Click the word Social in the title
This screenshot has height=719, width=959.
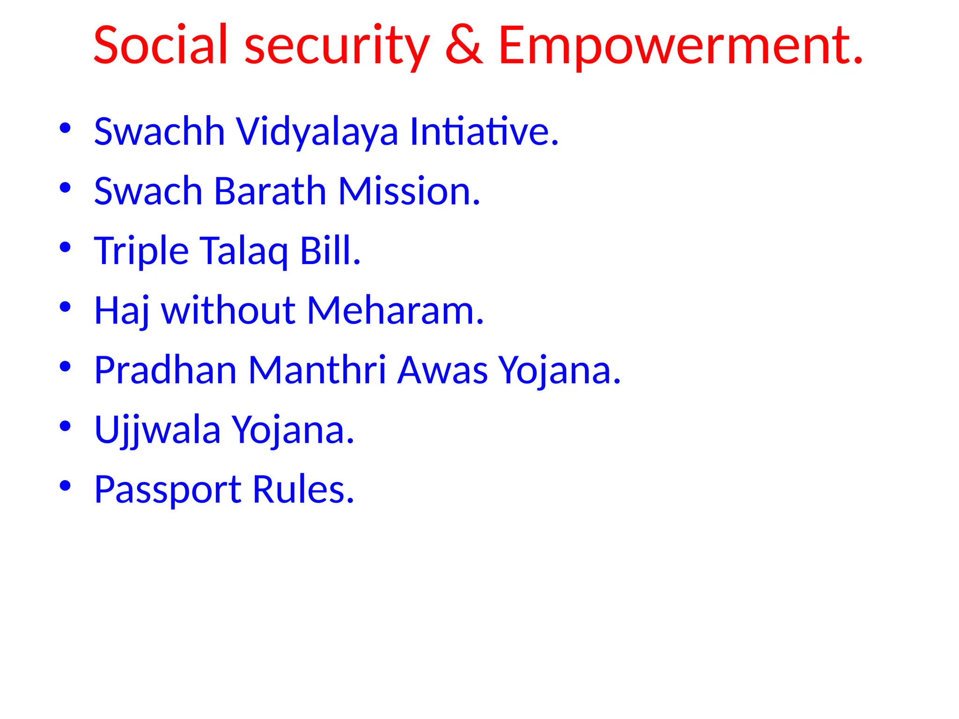click(161, 45)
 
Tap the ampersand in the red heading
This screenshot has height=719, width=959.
click(464, 45)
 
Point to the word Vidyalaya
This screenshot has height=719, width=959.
click(317, 132)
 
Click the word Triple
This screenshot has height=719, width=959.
click(141, 251)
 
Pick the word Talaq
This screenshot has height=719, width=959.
click(244, 251)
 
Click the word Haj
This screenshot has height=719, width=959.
click(122, 311)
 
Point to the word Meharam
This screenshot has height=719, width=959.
click(395, 311)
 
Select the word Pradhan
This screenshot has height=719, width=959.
click(165, 370)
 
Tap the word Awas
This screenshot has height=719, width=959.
click(443, 370)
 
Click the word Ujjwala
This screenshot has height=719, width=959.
click(157, 430)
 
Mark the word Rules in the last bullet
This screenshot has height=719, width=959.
click(303, 489)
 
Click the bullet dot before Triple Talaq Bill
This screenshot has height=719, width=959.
click(65, 247)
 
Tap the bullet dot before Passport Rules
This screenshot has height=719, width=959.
click(65, 485)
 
